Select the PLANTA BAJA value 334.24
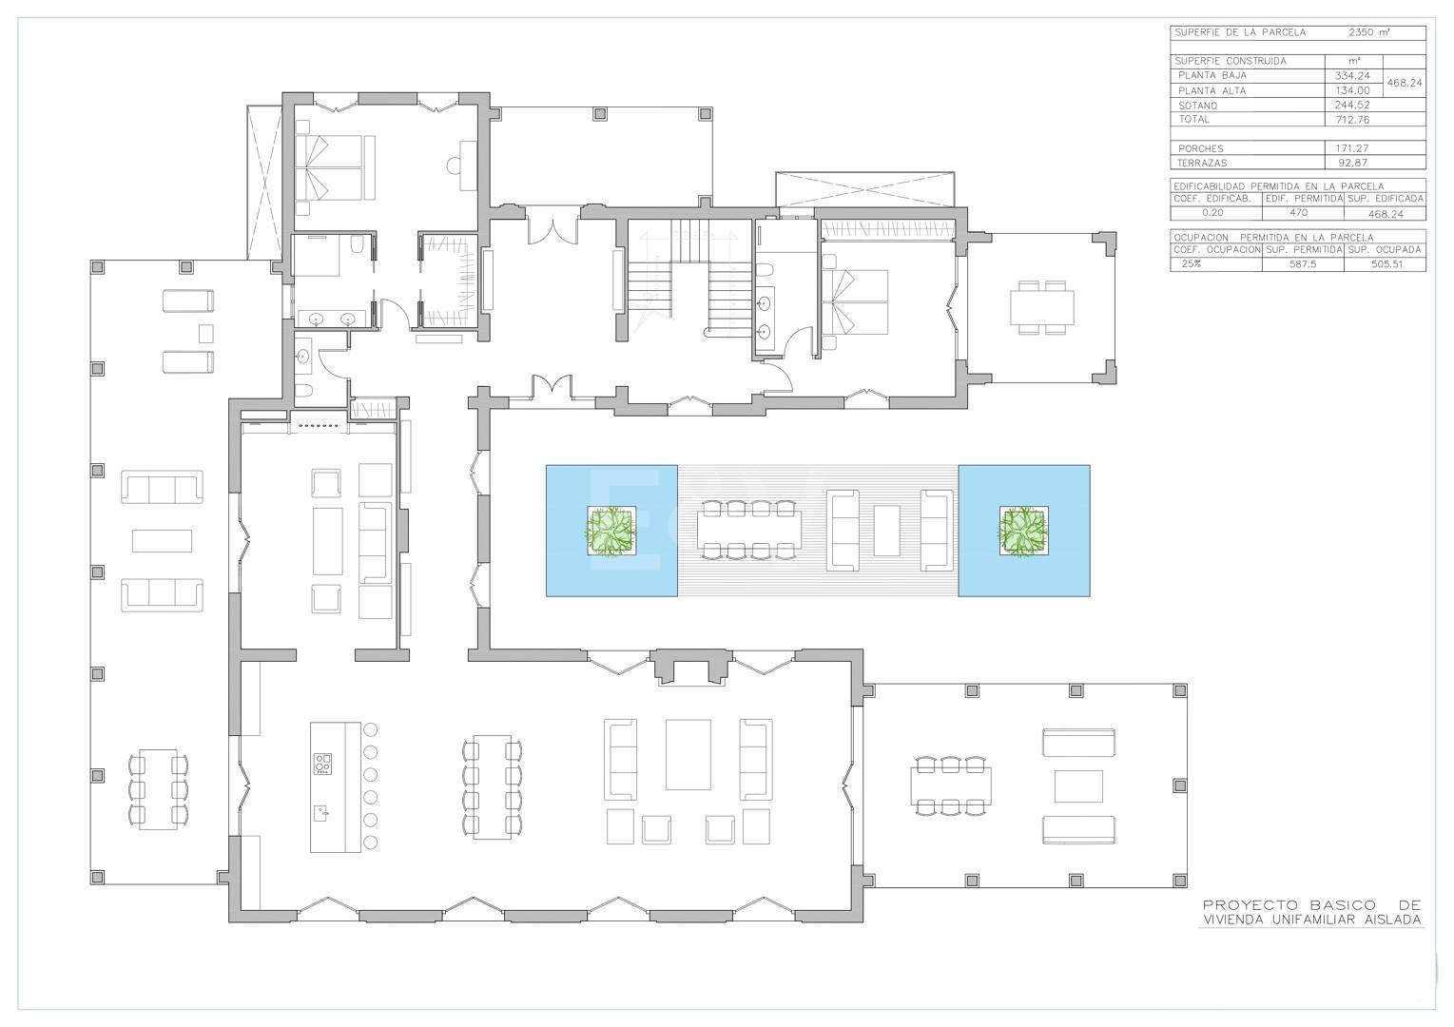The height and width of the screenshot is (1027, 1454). (1352, 76)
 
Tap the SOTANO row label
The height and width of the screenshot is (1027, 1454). (1197, 106)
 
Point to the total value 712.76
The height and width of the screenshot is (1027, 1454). (1352, 120)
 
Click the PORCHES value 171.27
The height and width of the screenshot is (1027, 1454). (1352, 148)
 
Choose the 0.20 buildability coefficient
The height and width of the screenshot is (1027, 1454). (1212, 213)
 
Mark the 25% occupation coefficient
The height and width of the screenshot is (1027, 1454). (1192, 263)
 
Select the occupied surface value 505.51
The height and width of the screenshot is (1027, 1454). (1387, 264)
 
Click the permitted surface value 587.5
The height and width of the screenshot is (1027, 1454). (1303, 264)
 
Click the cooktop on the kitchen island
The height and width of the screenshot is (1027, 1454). (322, 764)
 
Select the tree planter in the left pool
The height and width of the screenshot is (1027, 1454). (611, 531)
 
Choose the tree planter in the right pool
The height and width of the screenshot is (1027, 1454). (1023, 531)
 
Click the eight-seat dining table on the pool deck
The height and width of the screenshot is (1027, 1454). (749, 530)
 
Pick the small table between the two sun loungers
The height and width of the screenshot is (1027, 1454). (205, 333)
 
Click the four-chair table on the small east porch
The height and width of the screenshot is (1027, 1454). (1042, 308)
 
